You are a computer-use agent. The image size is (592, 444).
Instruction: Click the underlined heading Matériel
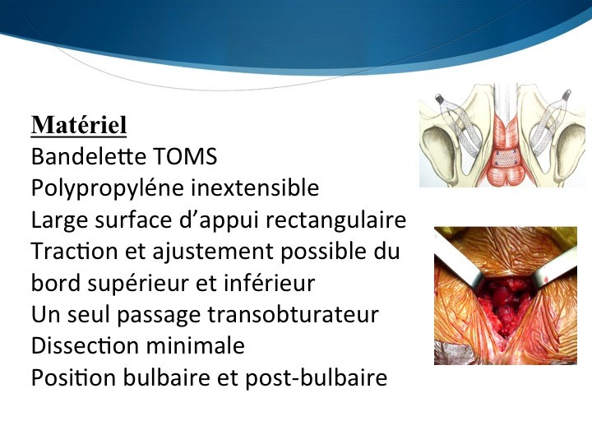pyautogui.click(x=79, y=125)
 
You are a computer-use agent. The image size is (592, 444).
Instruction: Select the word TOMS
pyautogui.click(x=185, y=156)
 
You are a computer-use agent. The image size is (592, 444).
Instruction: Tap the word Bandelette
pyautogui.click(x=89, y=156)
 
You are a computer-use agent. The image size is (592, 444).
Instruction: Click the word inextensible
pyautogui.click(x=255, y=187)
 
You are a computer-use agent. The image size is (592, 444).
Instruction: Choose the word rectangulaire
pyautogui.click(x=335, y=220)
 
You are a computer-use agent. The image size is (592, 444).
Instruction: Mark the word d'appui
pyautogui.click(x=218, y=220)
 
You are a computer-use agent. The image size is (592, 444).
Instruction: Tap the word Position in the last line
pyautogui.click(x=74, y=377)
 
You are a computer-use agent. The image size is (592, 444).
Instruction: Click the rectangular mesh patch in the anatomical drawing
pyautogui.click(x=505, y=158)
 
